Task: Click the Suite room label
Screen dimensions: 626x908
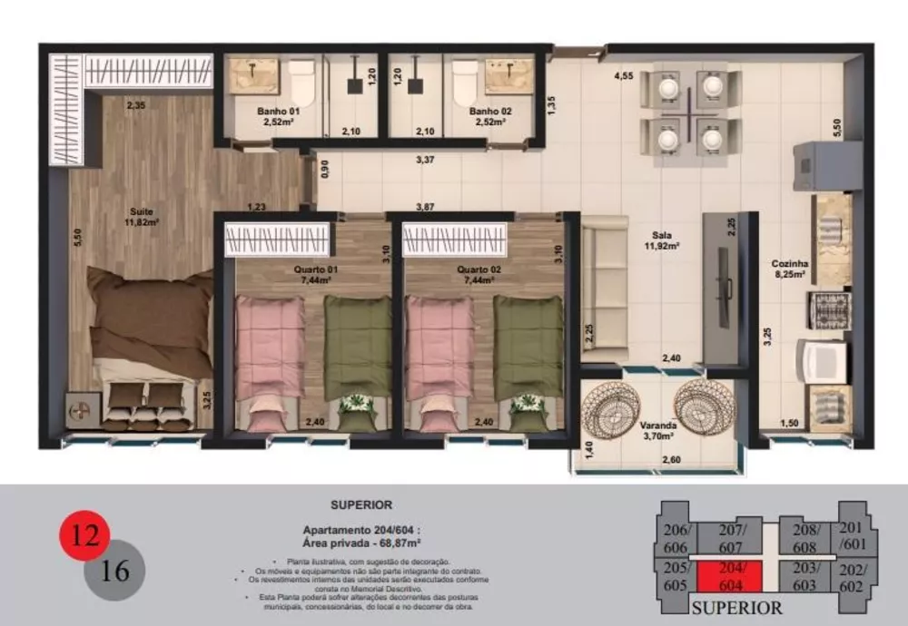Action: click(x=142, y=215)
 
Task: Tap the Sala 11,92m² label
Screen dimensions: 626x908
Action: click(x=663, y=240)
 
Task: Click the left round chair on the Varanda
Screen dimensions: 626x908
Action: click(x=612, y=408)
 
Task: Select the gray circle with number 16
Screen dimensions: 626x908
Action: click(x=116, y=572)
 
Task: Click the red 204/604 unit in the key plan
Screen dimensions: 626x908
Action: click(x=729, y=577)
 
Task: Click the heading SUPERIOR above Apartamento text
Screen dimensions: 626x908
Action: click(x=361, y=505)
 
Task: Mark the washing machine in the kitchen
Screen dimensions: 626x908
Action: click(x=822, y=360)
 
